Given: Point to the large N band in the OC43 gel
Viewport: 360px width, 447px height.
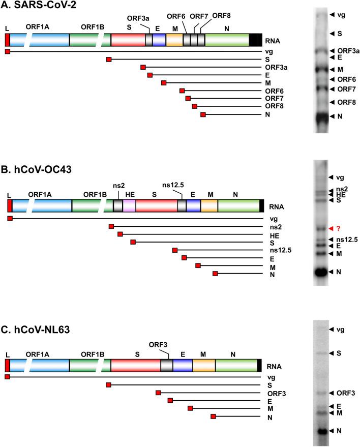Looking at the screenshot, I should tap(320, 272).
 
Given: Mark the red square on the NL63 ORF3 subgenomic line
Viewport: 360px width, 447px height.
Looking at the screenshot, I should tap(158, 393).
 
